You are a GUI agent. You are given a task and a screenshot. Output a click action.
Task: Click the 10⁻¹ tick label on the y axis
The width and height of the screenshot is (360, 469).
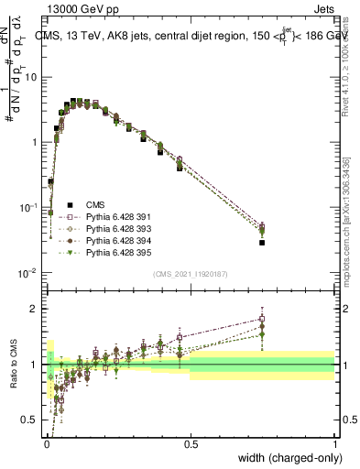30,208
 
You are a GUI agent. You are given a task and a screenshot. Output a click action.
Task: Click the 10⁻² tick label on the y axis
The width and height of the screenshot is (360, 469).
30,273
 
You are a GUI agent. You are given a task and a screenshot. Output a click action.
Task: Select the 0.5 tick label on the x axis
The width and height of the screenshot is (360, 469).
191,443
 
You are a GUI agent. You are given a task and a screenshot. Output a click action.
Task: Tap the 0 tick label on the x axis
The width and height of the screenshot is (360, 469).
46,443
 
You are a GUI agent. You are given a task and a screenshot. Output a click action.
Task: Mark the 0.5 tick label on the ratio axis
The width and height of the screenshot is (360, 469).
32,420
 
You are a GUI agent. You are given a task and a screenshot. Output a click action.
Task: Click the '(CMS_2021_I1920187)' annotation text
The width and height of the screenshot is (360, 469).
190,272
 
